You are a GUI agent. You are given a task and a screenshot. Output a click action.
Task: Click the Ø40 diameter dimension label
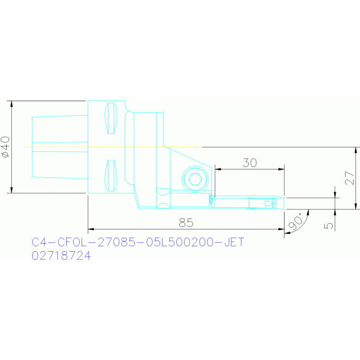(6, 147)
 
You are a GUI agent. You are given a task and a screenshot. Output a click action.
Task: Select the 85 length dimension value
(186, 222)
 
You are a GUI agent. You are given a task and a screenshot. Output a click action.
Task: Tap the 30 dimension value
(250, 163)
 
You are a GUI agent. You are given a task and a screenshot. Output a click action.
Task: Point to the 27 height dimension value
(349, 178)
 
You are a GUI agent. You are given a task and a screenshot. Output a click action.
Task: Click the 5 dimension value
(328, 226)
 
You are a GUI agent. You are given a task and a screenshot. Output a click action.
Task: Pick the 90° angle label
(296, 222)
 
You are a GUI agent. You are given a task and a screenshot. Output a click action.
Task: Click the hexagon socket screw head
(195, 179)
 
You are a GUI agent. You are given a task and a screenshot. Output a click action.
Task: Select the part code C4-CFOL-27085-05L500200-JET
(138, 242)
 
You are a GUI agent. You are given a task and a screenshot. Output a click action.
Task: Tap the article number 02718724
(61, 255)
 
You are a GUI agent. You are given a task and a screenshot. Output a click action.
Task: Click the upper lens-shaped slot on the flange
(111, 118)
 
